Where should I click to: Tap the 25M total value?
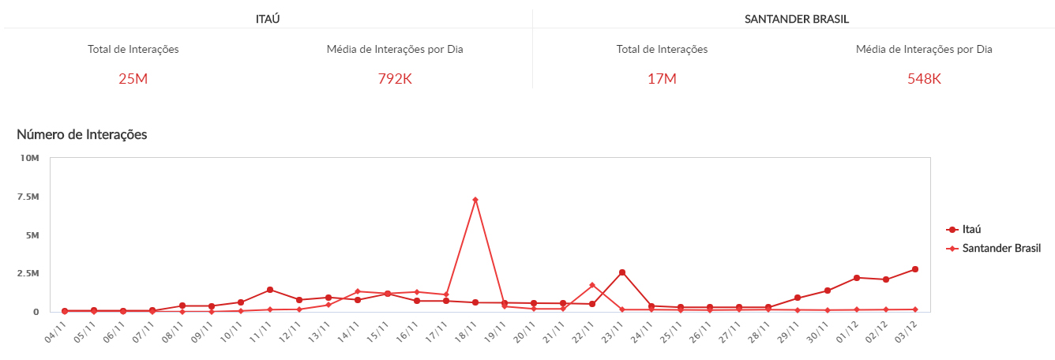click(133, 78)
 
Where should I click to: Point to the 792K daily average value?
click(395, 78)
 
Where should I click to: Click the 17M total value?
click(662, 78)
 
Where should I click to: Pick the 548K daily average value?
click(924, 78)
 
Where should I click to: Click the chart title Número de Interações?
click(82, 134)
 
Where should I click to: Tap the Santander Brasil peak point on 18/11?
click(475, 200)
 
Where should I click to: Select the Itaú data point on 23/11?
click(622, 272)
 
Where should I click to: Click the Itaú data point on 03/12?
click(915, 269)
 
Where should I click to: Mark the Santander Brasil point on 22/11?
click(592, 285)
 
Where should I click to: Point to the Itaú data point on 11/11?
click(270, 290)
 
